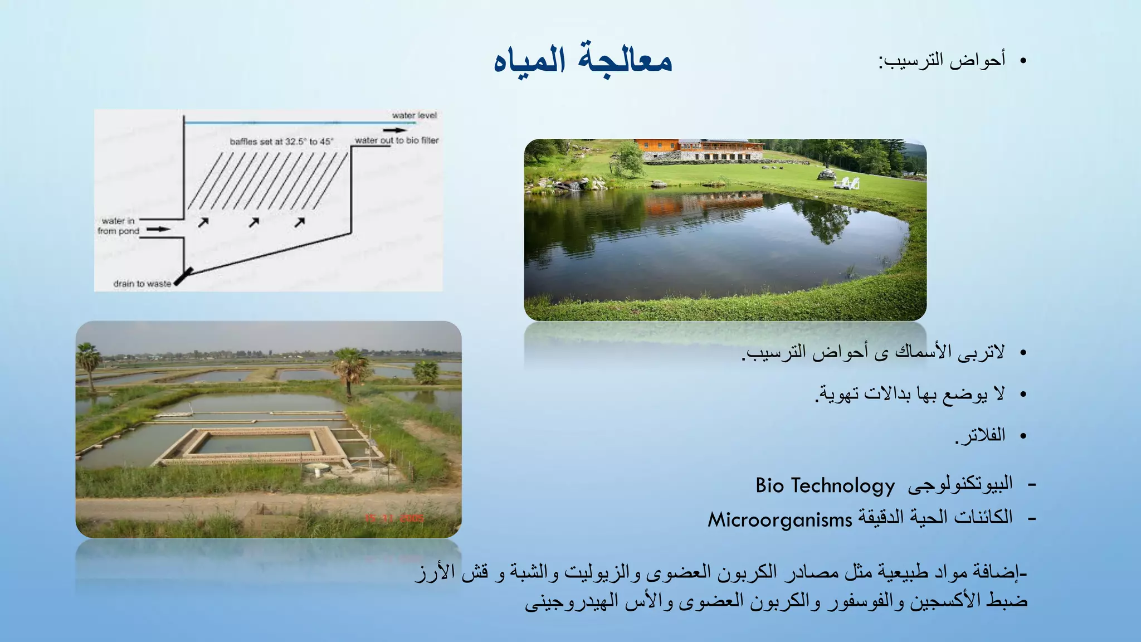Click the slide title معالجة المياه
coord(583,60)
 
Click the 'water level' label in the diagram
coord(414,115)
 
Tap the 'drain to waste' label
coord(142,284)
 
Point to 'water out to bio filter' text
coord(396,140)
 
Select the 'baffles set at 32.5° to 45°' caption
coord(281,142)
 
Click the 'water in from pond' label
coord(118,226)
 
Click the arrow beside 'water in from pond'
coord(158,229)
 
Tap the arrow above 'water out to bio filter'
coord(395,130)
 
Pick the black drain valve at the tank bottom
coord(184,276)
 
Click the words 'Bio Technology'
coord(825,485)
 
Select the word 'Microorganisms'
coord(779,520)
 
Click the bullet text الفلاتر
coord(981,435)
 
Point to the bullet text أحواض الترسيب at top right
coord(942,60)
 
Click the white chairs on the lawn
coord(846,183)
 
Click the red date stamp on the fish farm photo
coord(394,518)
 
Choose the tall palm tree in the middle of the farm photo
coord(349,368)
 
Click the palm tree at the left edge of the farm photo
coord(89,365)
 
